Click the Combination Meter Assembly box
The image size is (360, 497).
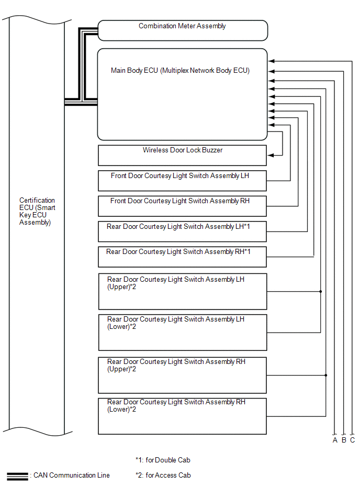pyautogui.click(x=183, y=30)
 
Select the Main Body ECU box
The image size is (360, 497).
pyautogui.click(x=183, y=94)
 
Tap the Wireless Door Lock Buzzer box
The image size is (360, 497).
pyautogui.click(x=183, y=156)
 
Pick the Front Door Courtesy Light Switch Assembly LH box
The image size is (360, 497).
pyautogui.click(x=183, y=181)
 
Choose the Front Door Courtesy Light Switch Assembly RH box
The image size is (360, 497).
pyautogui.click(x=183, y=206)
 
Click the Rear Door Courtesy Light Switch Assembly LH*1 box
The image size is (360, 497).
pyautogui.click(x=183, y=231)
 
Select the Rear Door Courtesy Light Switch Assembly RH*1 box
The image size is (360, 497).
pyautogui.click(x=183, y=257)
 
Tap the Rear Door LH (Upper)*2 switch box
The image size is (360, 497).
pyautogui.click(x=183, y=291)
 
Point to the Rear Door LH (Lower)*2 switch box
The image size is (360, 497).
pyautogui.click(x=183, y=332)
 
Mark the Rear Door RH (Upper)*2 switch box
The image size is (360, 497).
pyautogui.click(x=183, y=375)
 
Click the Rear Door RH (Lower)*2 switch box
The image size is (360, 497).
pyautogui.click(x=183, y=416)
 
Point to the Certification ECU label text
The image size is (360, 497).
pyautogui.click(x=37, y=211)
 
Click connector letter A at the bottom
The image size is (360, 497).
pyautogui.click(x=335, y=440)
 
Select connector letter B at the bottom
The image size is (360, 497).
pyautogui.click(x=344, y=440)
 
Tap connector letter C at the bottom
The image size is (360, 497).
pyautogui.click(x=352, y=440)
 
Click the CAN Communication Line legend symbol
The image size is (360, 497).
pyautogui.click(x=17, y=476)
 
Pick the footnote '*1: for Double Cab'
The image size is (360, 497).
pyautogui.click(x=163, y=460)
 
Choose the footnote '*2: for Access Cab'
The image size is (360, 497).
pyautogui.click(x=163, y=476)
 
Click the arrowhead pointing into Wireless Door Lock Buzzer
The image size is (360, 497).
pyautogui.click(x=271, y=155)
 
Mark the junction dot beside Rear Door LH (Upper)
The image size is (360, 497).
pyautogui.click(x=320, y=291)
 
